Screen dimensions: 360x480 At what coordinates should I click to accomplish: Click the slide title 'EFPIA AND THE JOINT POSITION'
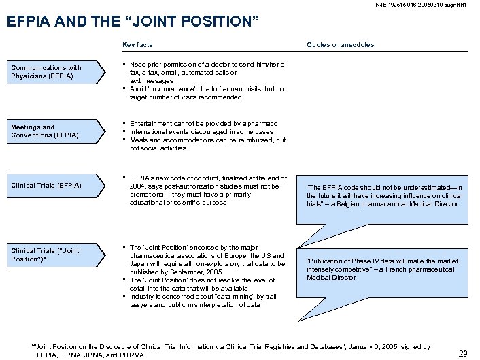tap(133, 21)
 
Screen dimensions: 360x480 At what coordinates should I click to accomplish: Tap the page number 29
tap(463, 353)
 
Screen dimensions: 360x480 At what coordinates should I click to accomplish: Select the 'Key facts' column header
tap(137, 45)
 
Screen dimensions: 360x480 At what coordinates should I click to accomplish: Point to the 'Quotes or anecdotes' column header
tap(340, 45)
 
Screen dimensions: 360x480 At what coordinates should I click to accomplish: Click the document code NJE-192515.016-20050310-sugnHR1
tap(424, 6)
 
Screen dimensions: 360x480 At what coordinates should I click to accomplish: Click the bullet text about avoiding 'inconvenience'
tap(207, 93)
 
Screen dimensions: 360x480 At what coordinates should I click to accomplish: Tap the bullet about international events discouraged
tap(201, 132)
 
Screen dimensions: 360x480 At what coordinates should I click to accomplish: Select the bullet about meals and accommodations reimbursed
tap(207, 144)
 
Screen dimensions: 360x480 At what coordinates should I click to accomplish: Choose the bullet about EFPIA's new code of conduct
tap(207, 190)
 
